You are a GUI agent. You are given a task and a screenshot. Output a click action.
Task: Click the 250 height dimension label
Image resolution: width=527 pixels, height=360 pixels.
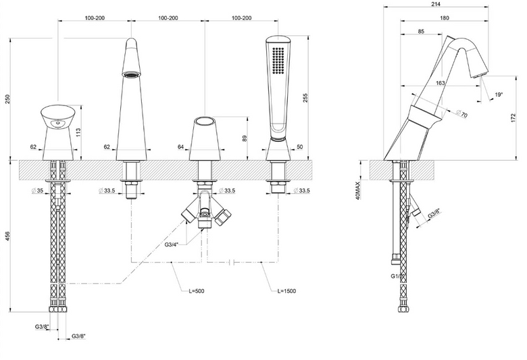pyautogui.click(x=8, y=99)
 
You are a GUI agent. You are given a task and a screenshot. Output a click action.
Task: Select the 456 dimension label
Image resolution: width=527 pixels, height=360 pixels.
pyautogui.click(x=8, y=236)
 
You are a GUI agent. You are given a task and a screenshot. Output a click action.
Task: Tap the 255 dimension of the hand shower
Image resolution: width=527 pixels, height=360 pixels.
pyautogui.click(x=305, y=97)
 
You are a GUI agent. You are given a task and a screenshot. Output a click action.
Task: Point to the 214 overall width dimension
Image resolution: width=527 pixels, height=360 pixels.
pyautogui.click(x=436, y=4)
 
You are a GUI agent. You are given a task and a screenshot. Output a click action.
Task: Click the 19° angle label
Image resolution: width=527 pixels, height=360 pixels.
pyautogui.click(x=499, y=95)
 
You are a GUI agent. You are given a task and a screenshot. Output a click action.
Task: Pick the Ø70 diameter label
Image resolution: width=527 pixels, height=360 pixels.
pyautogui.click(x=462, y=113)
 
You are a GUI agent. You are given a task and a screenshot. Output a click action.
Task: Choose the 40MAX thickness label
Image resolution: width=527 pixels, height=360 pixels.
pyautogui.click(x=357, y=190)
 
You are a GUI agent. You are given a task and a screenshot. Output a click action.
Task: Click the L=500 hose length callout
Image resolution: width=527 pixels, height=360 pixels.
pyautogui.click(x=197, y=290)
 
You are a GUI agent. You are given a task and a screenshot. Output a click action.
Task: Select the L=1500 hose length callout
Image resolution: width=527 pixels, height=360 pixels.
pyautogui.click(x=286, y=290)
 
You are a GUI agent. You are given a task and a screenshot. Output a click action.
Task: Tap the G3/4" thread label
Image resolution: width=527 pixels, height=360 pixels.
pyautogui.click(x=171, y=245)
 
